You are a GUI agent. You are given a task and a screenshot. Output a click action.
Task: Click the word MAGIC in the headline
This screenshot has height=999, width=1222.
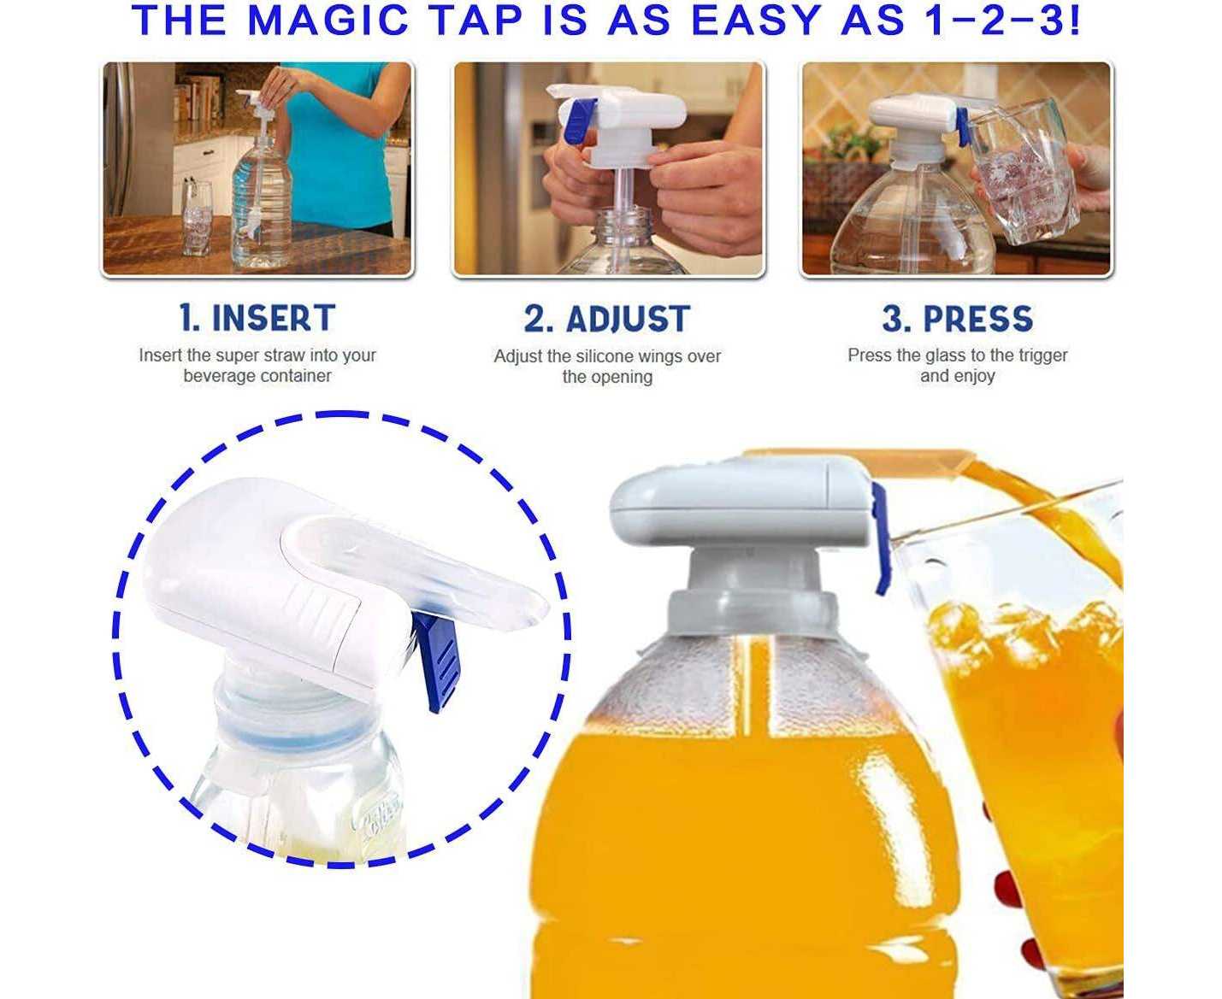pos(328,21)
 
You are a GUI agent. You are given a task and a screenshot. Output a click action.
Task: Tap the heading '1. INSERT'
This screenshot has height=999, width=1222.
pos(257,318)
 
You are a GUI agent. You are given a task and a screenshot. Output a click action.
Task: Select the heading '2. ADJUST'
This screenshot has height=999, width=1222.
pos(606,319)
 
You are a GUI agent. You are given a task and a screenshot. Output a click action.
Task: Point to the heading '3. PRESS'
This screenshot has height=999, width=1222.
pos(957,319)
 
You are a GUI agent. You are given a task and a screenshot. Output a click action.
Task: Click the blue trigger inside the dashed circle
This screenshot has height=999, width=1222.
pos(437,661)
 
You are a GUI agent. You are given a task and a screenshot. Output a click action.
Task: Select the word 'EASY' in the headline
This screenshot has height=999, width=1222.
pos(757,21)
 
